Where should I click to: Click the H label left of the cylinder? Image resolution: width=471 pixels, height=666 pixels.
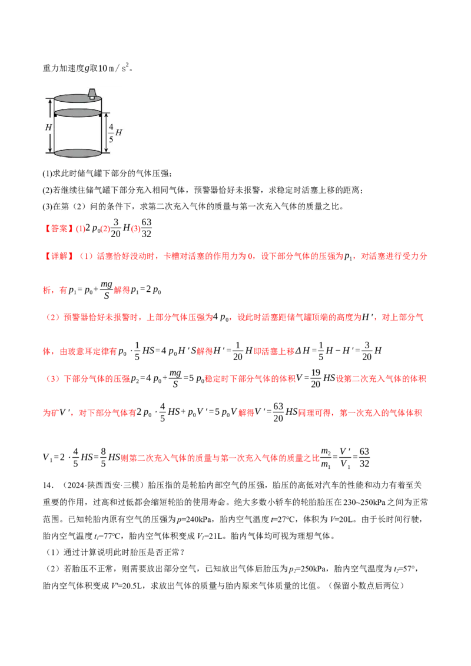pyautogui.click(x=49, y=126)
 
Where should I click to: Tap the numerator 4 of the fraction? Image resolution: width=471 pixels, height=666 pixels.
pyautogui.click(x=111, y=125)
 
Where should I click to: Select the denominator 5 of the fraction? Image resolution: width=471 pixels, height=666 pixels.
pyautogui.click(x=111, y=139)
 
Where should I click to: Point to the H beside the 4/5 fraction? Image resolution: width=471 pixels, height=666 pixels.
pyautogui.click(x=119, y=132)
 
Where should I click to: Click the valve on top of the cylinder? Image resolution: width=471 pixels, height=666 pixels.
pyautogui.click(x=92, y=93)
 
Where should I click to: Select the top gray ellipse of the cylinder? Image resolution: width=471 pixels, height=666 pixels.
pyautogui.click(x=77, y=98)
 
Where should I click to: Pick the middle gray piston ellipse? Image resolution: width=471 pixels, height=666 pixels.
pyautogui.click(x=78, y=113)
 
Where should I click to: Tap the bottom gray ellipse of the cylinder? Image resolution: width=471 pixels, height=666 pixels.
pyautogui.click(x=78, y=153)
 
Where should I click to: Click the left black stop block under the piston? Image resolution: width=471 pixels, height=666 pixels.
pyautogui.click(x=55, y=116)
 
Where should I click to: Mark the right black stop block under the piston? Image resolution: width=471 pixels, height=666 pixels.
pyautogui.click(x=100, y=116)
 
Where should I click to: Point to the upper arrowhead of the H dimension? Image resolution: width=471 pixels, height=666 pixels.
pyautogui.click(x=49, y=101)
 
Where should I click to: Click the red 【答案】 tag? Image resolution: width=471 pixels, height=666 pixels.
pyautogui.click(x=57, y=229)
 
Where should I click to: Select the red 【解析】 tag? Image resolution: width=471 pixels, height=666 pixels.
pyautogui.click(x=59, y=257)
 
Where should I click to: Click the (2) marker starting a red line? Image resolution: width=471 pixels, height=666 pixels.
pyautogui.click(x=53, y=318)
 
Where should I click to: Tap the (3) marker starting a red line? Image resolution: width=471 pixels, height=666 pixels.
pyautogui.click(x=53, y=379)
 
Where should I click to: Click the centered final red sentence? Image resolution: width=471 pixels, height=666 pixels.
pyautogui.click(x=220, y=458)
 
